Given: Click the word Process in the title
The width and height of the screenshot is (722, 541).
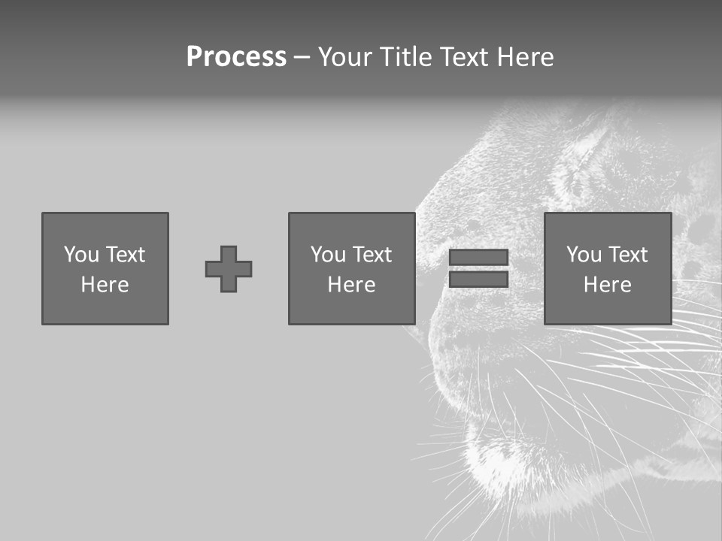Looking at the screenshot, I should click(236, 57).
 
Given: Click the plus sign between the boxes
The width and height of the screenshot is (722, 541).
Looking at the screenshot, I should click(229, 269).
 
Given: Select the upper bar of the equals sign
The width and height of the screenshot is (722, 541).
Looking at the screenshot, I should click(478, 258).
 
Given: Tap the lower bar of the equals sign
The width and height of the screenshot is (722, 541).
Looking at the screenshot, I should click(478, 280).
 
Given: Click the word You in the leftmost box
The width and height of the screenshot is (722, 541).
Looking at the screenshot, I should click(80, 255).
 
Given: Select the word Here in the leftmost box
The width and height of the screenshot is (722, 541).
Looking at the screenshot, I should click(105, 285).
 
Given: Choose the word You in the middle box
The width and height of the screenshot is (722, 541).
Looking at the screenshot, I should click(327, 255).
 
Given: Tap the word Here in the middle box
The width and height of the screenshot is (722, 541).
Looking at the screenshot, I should click(352, 285).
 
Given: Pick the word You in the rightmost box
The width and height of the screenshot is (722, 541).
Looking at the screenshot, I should click(583, 255).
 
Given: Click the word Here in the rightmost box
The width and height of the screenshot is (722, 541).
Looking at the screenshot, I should click(608, 285).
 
